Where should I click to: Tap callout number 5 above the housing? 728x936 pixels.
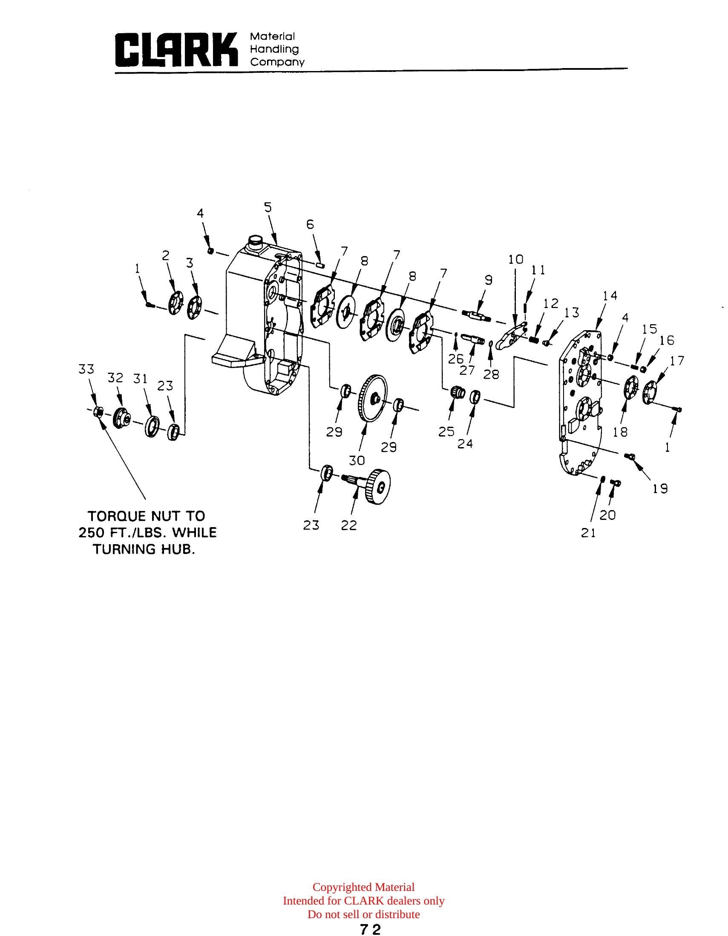(268, 208)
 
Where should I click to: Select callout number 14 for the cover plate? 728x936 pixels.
(610, 296)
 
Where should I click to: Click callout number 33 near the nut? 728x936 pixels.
(86, 369)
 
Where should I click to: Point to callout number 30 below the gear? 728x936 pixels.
(357, 460)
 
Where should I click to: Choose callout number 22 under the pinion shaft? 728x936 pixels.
(349, 525)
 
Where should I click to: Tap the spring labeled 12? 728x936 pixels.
(533, 340)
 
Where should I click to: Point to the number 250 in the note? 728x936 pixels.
(91, 533)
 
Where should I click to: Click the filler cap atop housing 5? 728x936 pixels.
(255, 240)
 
